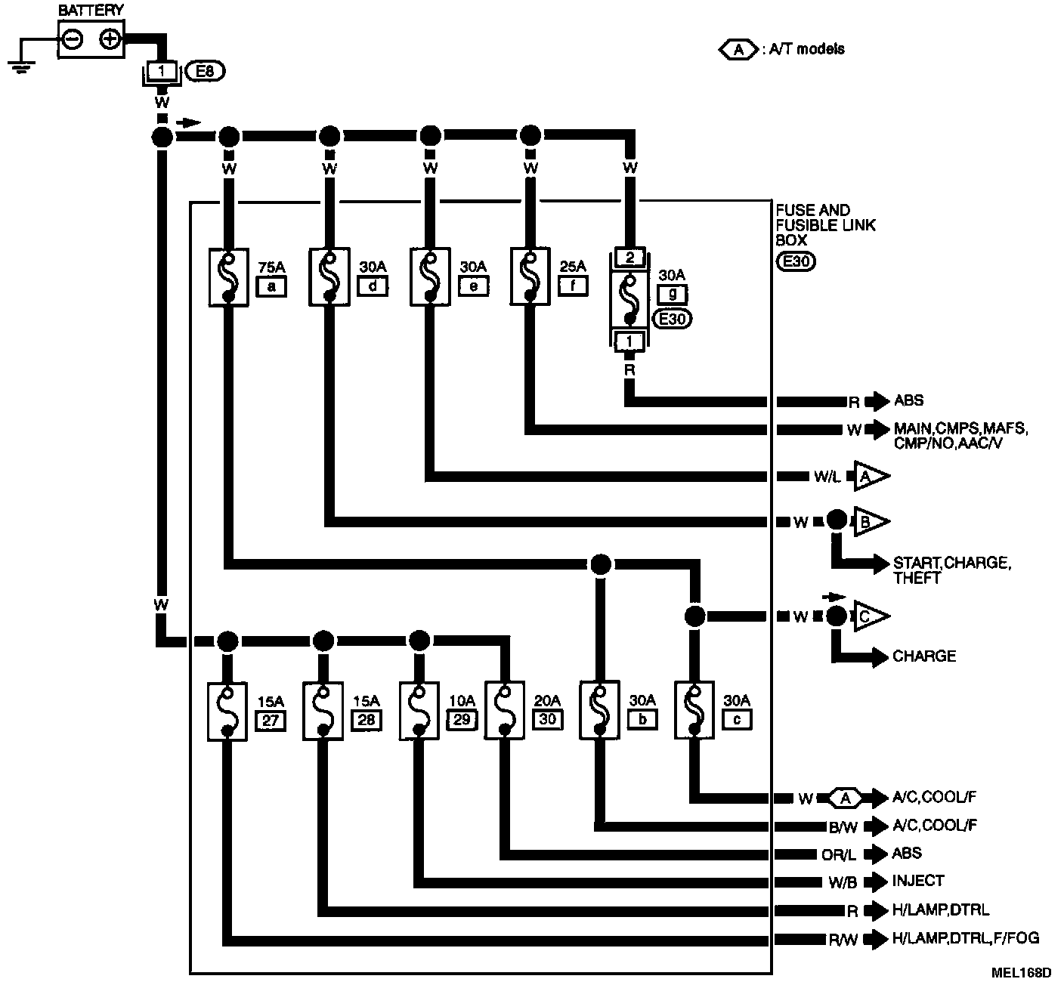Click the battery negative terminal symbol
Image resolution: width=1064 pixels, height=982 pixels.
click(x=73, y=39)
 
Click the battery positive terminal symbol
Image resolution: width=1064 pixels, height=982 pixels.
click(x=110, y=39)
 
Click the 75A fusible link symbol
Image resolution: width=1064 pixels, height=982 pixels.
click(x=228, y=277)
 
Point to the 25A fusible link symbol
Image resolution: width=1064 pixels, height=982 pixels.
click(x=531, y=277)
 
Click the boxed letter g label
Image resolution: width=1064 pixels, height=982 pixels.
click(x=672, y=294)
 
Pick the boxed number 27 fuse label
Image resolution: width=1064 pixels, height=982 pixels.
click(x=271, y=720)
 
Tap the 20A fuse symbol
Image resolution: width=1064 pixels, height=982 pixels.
click(x=505, y=711)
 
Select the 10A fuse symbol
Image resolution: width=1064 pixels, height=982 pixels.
click(x=418, y=711)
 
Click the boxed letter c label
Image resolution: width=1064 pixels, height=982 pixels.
click(x=738, y=720)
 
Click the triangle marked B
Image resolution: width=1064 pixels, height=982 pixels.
click(x=870, y=521)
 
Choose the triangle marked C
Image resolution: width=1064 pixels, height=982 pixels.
click(x=870, y=616)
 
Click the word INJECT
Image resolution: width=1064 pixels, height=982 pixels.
click(x=918, y=881)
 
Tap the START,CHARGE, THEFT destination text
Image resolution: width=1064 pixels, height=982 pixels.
click(x=951, y=570)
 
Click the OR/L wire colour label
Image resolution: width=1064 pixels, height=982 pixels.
click(x=839, y=855)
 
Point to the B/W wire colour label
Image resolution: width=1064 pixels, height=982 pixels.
click(x=844, y=827)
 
